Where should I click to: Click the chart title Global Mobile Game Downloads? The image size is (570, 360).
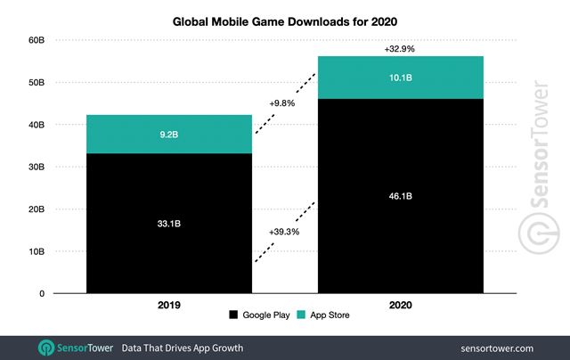coord(284,20)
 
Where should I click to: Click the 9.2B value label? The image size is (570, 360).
coord(169,135)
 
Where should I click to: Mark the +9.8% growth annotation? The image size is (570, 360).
coord(282,103)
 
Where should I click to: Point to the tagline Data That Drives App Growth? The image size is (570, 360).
coord(182,347)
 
